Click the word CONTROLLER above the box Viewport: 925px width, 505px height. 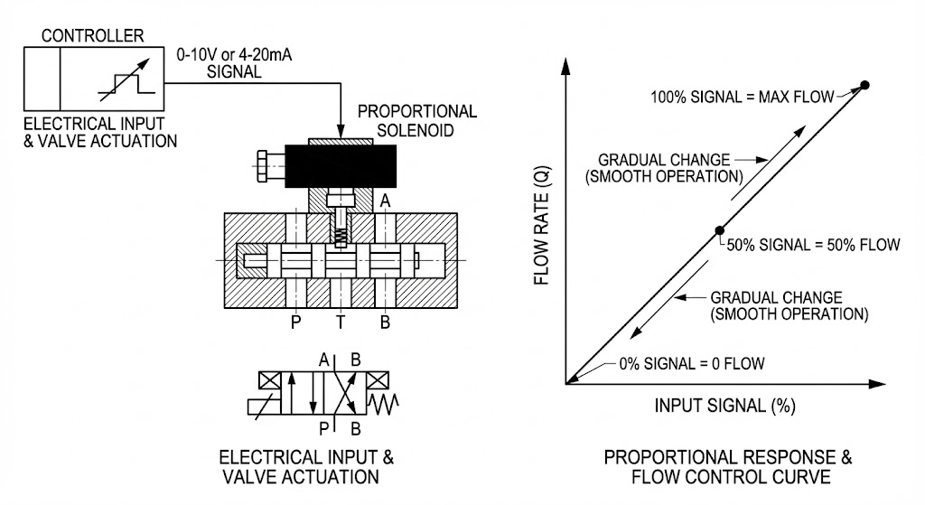(x=93, y=35)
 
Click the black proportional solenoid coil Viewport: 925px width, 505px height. (x=341, y=166)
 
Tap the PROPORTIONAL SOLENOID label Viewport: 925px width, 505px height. (x=417, y=120)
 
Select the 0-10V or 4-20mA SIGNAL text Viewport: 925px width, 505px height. (x=234, y=63)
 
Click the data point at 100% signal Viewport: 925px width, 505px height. (x=864, y=85)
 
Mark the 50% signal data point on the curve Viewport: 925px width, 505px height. (x=719, y=230)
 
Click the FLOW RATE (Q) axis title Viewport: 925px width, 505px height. (x=542, y=225)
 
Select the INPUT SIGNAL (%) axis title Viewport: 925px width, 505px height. (x=725, y=406)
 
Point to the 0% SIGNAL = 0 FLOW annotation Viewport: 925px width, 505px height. (x=692, y=363)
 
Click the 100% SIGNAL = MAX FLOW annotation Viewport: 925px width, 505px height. (x=743, y=97)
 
